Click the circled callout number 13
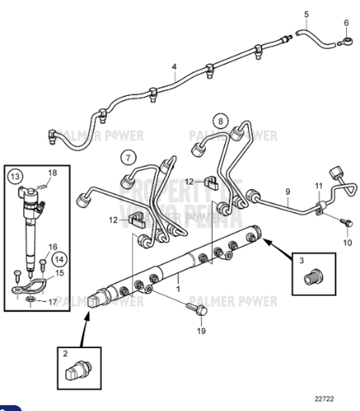pyautogui.click(x=14, y=176)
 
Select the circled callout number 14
pyautogui.click(x=60, y=259)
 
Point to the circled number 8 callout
pyautogui.click(x=219, y=122)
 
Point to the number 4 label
pyautogui.click(x=174, y=67)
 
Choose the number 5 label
pyautogui.click(x=307, y=14)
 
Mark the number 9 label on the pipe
pyautogui.click(x=288, y=192)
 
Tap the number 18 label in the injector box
pyautogui.click(x=53, y=171)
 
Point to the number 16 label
pyautogui.click(x=53, y=246)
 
